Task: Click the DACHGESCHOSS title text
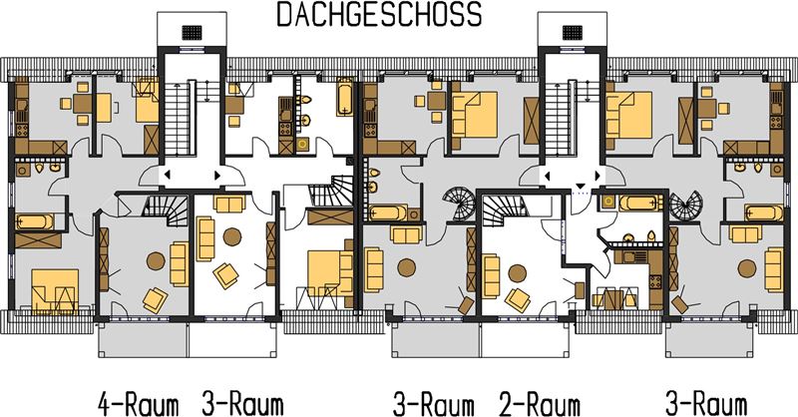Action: coord(379,14)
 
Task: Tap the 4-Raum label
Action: coord(139,405)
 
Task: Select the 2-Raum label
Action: coord(540,405)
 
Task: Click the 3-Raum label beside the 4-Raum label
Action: coord(242,405)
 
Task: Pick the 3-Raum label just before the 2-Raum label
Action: coord(433,405)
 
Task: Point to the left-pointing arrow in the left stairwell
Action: coord(167,176)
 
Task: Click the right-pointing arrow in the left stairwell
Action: coord(217,176)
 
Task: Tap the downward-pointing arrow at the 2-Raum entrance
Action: coord(580,185)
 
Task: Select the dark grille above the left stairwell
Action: coord(192,33)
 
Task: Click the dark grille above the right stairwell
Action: coord(572,33)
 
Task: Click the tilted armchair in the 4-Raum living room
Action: coord(156,300)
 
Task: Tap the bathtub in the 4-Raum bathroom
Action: coord(34,221)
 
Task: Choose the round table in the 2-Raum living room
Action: coord(518,273)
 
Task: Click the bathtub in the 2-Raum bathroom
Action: coord(641,203)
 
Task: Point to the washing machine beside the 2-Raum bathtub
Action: coord(608,203)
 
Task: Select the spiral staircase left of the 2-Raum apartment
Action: coord(459,204)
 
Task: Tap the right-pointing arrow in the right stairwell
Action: coord(598,177)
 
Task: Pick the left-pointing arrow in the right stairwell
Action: coord(548,177)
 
